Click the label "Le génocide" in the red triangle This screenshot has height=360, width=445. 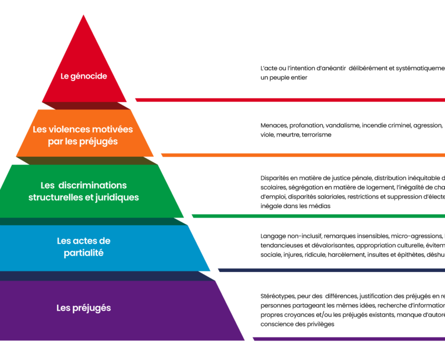tap(84, 76)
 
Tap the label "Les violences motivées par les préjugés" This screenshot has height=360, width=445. tap(83, 135)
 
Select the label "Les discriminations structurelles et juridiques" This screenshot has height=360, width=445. tap(84, 192)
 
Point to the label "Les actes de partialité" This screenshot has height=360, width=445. tap(84, 247)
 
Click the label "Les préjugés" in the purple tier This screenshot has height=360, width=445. tap(84, 308)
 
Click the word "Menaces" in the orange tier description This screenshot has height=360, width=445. tap(273, 125)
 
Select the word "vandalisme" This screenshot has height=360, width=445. tap(342, 125)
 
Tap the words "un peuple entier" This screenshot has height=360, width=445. tap(284, 77)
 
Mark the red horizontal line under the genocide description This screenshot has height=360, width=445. tap(290, 99)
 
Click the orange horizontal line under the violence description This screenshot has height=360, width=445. tap(303, 155)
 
